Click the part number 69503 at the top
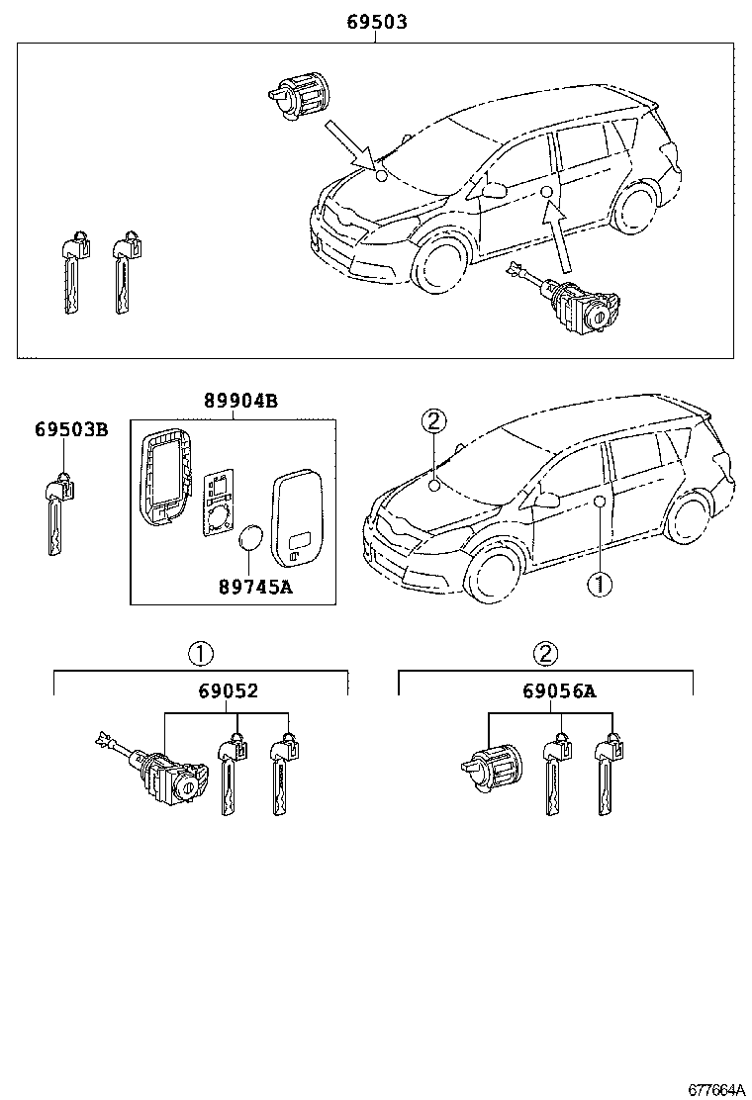pyautogui.click(x=376, y=21)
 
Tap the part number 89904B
pyautogui.click(x=239, y=401)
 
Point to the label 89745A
pyautogui.click(x=254, y=586)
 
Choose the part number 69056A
pyautogui.click(x=559, y=691)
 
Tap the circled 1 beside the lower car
pyautogui.click(x=600, y=585)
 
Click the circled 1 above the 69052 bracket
pyautogui.click(x=199, y=653)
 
